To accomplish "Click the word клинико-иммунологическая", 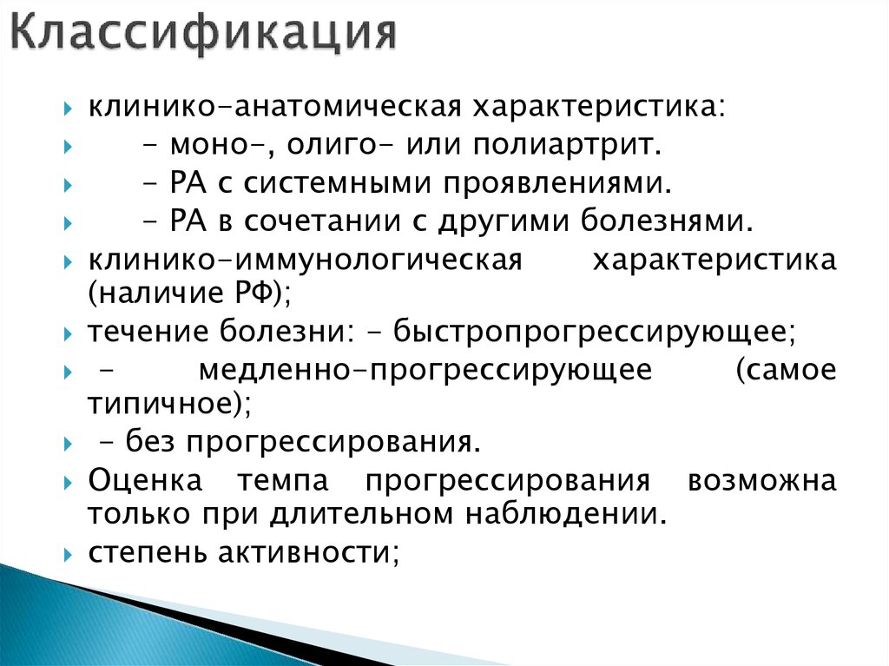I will [303, 261].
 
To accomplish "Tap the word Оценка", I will [145, 480].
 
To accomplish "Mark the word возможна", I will [761, 480].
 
